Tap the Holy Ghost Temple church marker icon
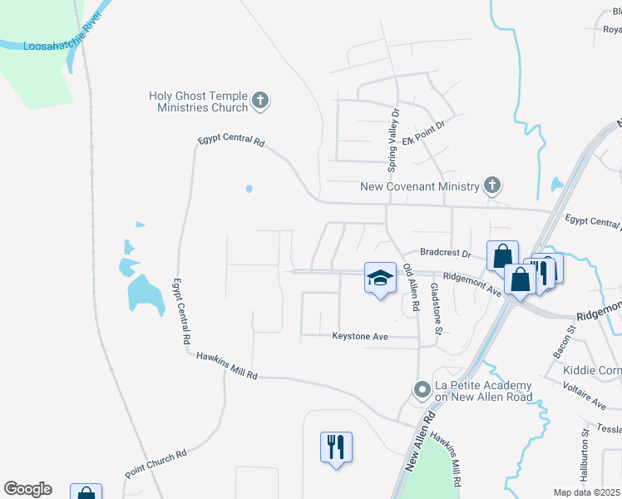259,101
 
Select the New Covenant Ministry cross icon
492,185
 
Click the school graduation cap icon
379,278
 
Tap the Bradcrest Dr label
445,251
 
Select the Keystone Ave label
360,337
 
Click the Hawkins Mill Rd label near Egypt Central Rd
227,366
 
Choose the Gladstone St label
435,308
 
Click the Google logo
27,489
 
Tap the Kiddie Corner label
592,369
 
